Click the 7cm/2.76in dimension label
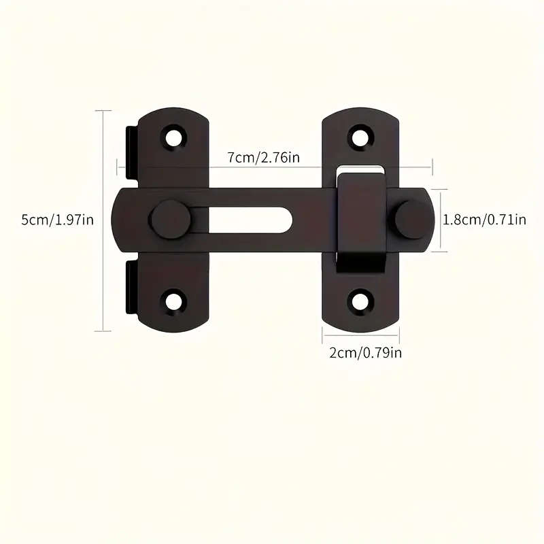coord(264,158)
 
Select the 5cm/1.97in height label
coord(48,220)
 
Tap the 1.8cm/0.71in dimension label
coord(484,220)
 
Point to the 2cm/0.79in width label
coord(362,352)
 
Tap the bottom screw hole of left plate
coord(175,300)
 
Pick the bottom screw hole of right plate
coord(361,300)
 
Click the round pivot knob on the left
coord(169,220)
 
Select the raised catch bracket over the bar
coord(360,221)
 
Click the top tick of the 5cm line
coord(103,110)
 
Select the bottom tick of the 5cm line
coord(103,331)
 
